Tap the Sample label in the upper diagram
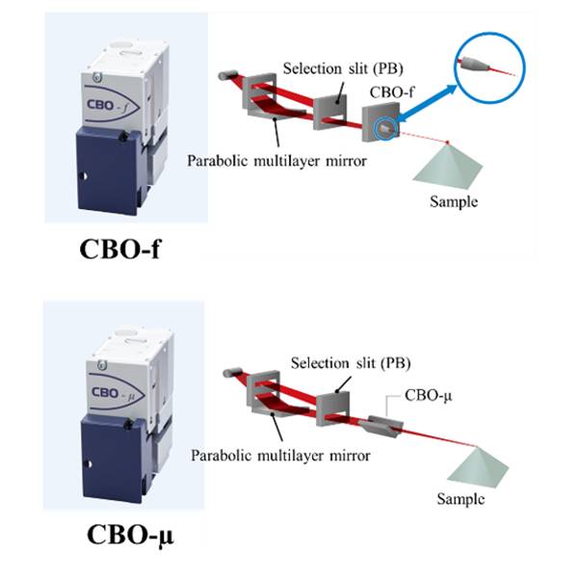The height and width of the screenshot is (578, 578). (x=454, y=202)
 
